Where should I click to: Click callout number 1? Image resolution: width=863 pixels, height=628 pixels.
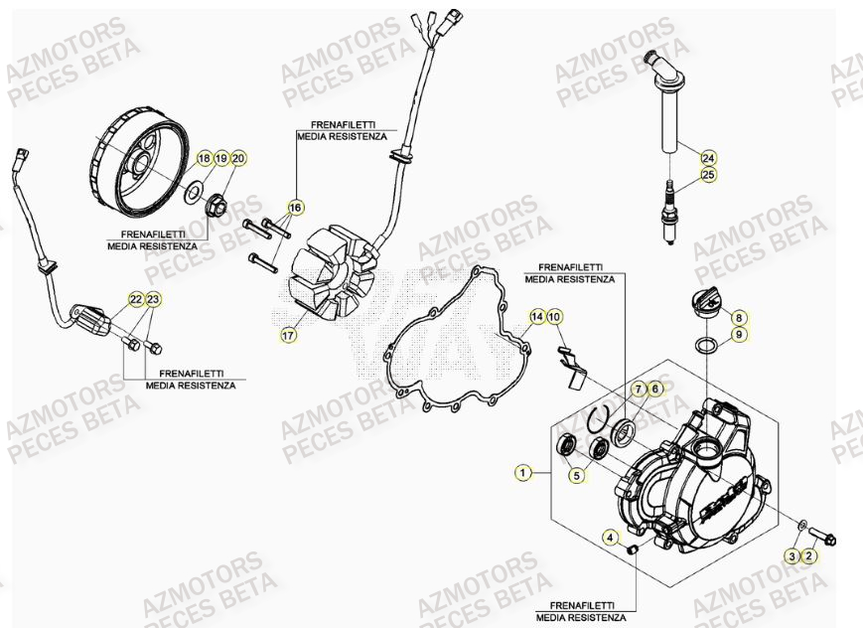(522, 473)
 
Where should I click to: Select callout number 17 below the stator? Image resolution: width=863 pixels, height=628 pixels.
(287, 336)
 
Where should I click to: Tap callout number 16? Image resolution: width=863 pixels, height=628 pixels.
(294, 208)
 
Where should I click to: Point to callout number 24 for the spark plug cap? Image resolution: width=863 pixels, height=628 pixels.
(708, 158)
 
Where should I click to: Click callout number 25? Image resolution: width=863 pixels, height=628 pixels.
(708, 175)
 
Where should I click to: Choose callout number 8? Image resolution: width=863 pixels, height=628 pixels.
(739, 318)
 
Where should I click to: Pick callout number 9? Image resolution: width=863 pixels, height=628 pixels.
(739, 336)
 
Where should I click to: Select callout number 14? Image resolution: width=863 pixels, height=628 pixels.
(537, 317)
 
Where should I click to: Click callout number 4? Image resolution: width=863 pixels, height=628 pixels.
(610, 538)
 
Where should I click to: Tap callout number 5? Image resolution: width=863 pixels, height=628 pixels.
(575, 476)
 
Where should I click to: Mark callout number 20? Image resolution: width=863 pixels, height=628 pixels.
(238, 158)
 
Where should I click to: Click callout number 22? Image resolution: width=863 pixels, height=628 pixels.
(135, 299)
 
